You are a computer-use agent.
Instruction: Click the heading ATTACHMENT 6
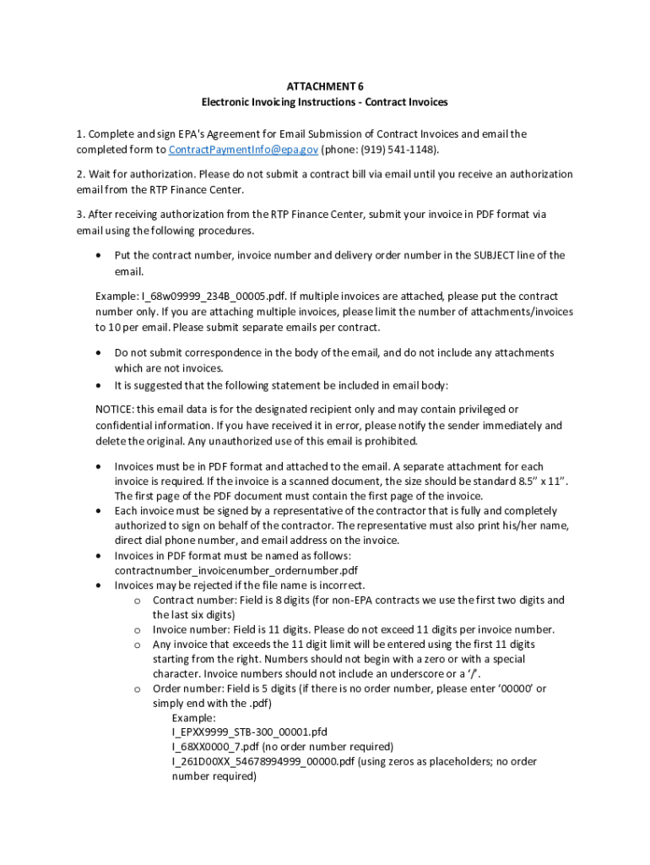pos(324,86)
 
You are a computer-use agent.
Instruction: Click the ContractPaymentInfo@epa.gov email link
pos(243,150)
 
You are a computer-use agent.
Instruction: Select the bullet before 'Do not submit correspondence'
pos(100,353)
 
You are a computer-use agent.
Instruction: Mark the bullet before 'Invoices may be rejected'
pos(100,585)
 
